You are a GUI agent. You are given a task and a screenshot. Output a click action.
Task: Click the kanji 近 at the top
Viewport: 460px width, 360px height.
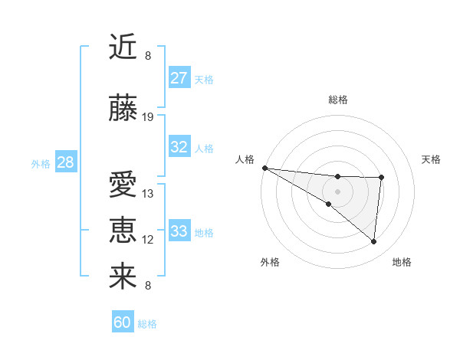pos(123,47)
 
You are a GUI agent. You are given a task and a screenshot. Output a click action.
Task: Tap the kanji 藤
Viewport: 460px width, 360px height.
pos(123,109)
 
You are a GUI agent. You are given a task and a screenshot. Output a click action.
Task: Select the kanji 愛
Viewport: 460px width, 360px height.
pos(123,185)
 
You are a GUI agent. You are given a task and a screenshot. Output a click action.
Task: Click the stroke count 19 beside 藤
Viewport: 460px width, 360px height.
pos(148,117)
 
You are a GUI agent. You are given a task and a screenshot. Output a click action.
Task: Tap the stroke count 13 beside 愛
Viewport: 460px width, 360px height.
pos(148,194)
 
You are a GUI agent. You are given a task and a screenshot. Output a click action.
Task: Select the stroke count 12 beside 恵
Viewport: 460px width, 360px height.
pos(148,240)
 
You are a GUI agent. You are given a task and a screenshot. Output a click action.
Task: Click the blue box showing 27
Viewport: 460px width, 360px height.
pos(179,78)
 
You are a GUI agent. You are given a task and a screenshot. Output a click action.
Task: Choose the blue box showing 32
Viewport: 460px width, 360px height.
pos(179,148)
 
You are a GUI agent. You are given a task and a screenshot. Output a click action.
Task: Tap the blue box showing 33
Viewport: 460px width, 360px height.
pos(179,231)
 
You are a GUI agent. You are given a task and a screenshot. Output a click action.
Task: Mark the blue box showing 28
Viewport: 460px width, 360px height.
pos(65,162)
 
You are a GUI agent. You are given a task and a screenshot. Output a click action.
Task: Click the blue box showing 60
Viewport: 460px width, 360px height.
pos(123,322)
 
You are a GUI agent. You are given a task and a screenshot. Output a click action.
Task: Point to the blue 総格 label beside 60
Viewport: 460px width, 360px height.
pos(148,324)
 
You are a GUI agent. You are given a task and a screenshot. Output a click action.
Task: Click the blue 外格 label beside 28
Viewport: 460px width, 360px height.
pos(41,163)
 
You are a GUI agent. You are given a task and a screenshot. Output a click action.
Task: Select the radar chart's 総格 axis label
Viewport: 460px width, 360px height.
pos(338,100)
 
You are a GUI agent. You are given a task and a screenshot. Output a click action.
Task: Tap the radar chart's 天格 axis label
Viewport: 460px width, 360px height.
pos(431,159)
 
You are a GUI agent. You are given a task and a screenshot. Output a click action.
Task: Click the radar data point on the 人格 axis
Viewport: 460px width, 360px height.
pos(264,168)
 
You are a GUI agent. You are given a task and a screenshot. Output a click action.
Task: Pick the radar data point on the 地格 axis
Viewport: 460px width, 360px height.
pos(374,242)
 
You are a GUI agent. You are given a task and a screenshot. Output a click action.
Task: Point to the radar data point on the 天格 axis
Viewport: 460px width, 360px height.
pos(381,178)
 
